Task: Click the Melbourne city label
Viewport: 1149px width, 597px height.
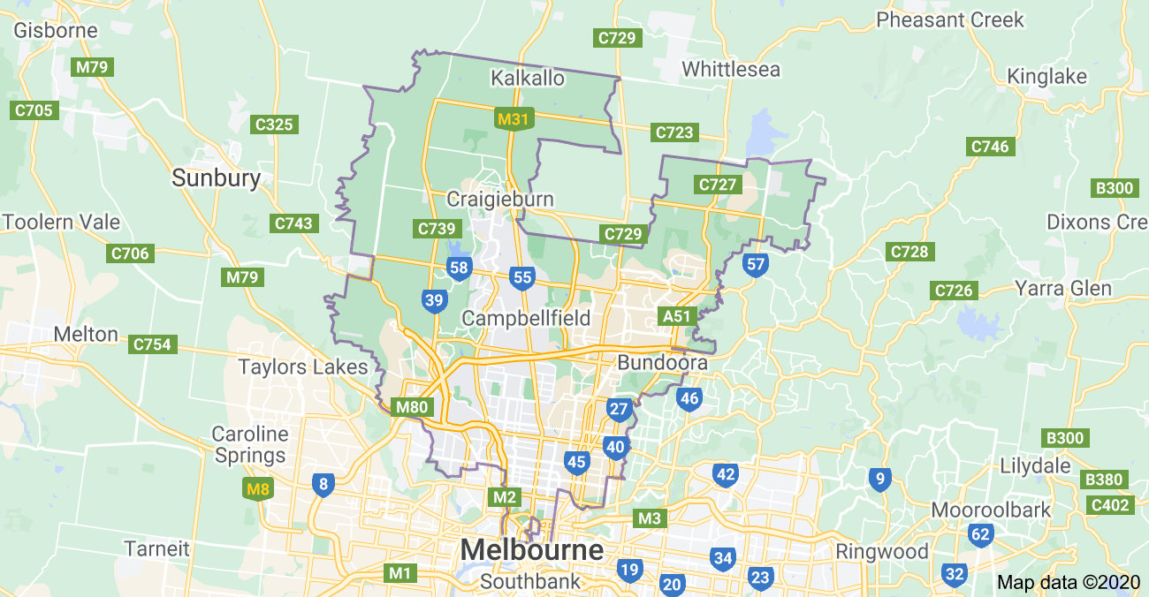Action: click(532, 550)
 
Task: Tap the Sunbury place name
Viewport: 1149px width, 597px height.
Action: click(217, 178)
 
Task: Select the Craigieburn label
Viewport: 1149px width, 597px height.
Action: click(499, 199)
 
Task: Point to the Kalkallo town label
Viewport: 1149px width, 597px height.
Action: click(527, 79)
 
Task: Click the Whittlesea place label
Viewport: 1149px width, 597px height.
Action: click(731, 69)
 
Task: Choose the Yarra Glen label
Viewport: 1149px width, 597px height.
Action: click(1075, 289)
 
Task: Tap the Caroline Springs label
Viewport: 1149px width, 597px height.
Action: click(250, 445)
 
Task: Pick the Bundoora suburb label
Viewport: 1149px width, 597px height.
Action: click(662, 363)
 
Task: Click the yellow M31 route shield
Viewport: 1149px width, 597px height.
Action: click(514, 118)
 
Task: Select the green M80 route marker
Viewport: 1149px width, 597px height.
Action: click(411, 407)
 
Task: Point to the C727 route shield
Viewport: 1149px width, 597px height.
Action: click(717, 185)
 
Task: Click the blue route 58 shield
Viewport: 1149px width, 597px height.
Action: click(459, 268)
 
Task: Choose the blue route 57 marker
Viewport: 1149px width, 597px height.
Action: click(755, 264)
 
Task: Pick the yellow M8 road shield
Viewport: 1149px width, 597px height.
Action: click(256, 487)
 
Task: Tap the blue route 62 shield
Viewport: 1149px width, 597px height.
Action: click(980, 534)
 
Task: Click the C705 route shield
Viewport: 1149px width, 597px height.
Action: click(35, 110)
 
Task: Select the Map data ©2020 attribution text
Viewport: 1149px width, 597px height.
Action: click(1069, 583)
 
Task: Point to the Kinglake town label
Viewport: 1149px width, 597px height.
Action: click(1046, 77)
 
